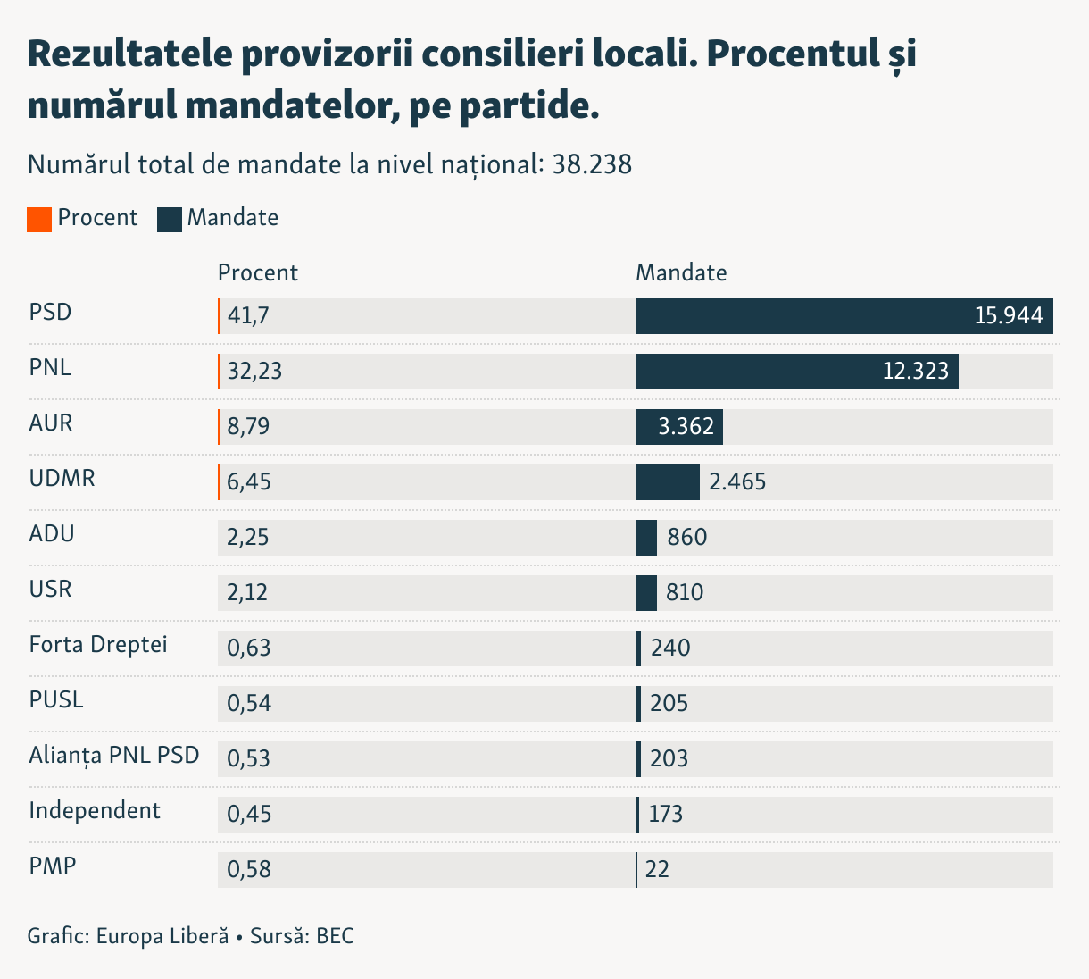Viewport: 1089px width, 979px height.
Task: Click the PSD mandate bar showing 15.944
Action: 844,316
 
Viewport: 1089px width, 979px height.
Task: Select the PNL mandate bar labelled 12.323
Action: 796,372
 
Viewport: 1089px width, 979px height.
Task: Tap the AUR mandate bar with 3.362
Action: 678,427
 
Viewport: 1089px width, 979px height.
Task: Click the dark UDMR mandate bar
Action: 667,482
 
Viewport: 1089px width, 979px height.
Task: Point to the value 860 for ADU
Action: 686,538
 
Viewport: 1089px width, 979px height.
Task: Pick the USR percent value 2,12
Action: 247,593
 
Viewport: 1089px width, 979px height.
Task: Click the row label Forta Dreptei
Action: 98,645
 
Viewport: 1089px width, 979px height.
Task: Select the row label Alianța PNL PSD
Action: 114,756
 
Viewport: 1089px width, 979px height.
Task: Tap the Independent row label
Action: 95,811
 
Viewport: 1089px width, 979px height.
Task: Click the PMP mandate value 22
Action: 657,870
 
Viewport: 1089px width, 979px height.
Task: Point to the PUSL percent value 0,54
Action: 249,704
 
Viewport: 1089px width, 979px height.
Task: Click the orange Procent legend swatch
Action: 39,219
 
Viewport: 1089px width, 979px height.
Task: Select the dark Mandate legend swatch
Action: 169,219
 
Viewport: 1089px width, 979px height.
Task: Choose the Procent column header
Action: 257,273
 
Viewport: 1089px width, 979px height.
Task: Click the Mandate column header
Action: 681,273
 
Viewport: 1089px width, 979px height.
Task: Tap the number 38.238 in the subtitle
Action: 592,165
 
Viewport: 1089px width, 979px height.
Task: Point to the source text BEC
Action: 335,937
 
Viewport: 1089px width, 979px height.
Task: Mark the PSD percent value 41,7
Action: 248,316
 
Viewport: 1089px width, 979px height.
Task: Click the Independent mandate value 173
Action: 666,815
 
